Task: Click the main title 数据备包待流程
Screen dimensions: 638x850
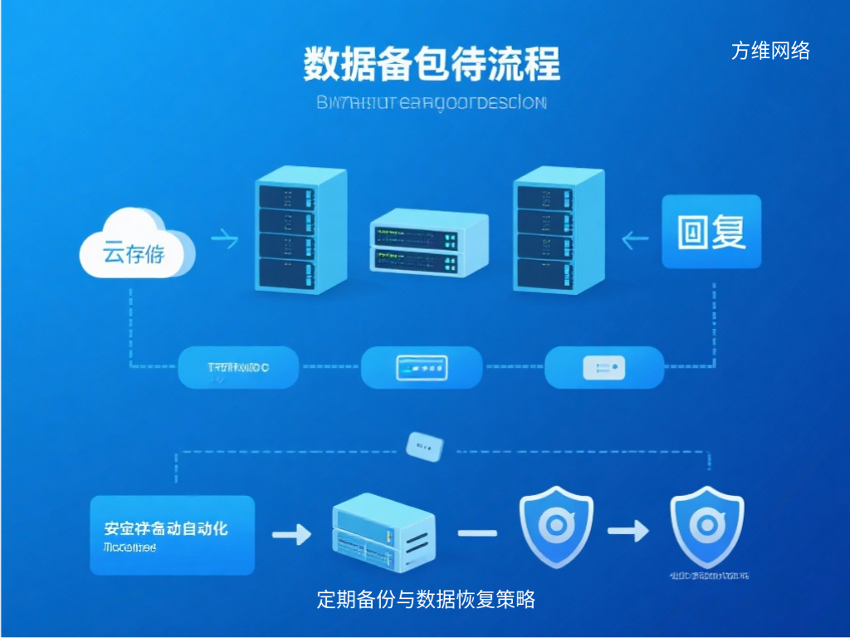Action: tap(431, 65)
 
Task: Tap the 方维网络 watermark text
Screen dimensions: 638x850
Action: tap(769, 52)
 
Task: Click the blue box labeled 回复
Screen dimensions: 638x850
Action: tap(711, 232)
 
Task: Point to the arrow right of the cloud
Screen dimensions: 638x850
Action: tap(224, 241)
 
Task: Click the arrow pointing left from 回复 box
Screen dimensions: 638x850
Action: tap(635, 241)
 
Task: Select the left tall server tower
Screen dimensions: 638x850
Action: tap(300, 230)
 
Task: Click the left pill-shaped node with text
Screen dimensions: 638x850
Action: tap(238, 367)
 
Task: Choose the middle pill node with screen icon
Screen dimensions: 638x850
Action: tap(422, 367)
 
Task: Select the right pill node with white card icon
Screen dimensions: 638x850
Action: tap(604, 367)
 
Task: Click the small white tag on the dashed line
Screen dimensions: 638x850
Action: tap(426, 445)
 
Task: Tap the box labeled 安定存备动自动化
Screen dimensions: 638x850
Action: tap(172, 535)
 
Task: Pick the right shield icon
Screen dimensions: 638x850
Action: tap(707, 527)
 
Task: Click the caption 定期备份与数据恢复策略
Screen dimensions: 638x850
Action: tap(426, 599)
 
